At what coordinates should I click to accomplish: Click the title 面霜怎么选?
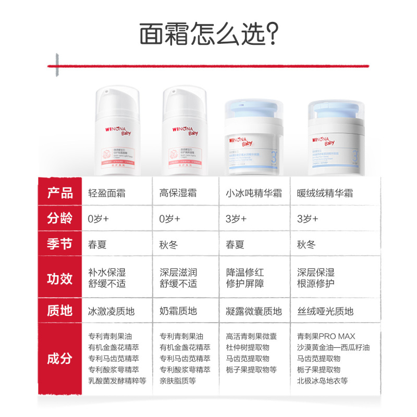(x=208, y=34)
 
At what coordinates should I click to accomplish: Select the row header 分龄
(x=60, y=218)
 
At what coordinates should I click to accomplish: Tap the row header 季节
(x=60, y=244)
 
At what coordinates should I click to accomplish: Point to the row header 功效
(x=60, y=278)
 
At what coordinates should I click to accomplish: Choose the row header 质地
(x=60, y=311)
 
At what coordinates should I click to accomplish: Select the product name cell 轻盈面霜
(x=107, y=193)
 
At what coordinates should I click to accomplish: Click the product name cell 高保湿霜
(x=178, y=193)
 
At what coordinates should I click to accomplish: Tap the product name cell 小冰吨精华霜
(x=254, y=193)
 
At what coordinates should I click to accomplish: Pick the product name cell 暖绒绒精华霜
(x=325, y=193)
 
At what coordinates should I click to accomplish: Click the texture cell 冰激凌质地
(x=112, y=312)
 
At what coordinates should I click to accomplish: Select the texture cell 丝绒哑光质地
(x=325, y=312)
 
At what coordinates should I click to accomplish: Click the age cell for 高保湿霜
(x=170, y=219)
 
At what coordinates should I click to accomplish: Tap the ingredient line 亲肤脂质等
(x=178, y=381)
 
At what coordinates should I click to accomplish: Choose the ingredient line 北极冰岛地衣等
(x=326, y=381)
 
